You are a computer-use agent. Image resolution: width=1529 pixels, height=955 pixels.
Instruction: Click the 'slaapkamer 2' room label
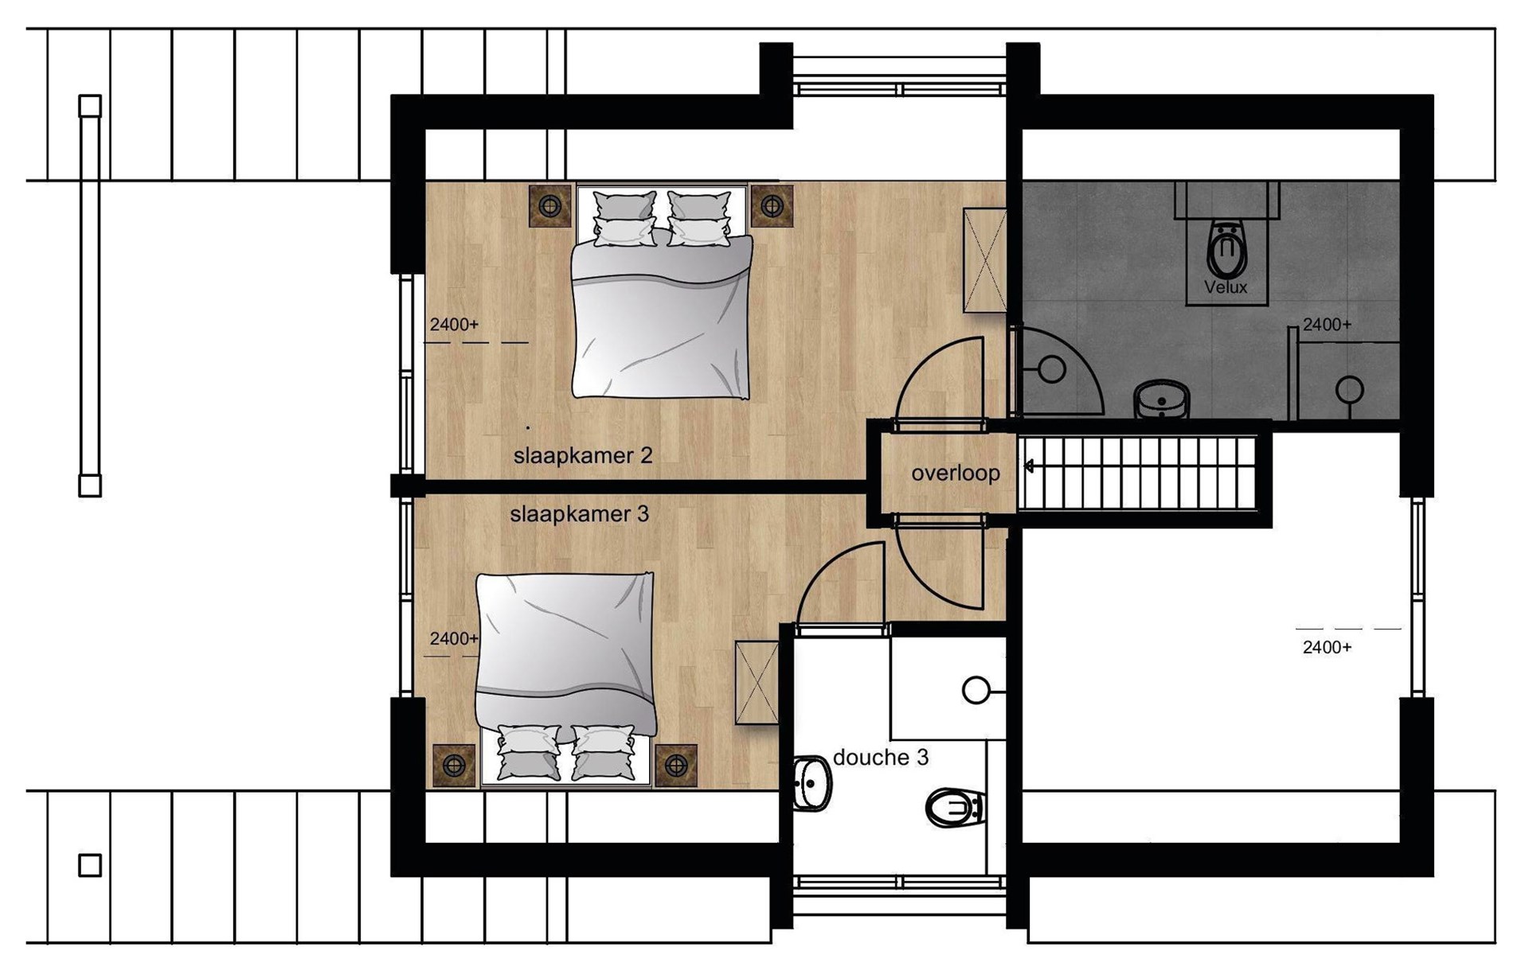(583, 456)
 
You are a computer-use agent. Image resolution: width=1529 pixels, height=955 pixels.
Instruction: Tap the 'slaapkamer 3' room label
(579, 514)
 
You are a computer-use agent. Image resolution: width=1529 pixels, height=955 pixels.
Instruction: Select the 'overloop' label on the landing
(956, 474)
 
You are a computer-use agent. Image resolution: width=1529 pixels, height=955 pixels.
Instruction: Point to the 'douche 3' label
(881, 757)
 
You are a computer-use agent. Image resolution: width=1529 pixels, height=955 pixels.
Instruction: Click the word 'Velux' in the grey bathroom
(1226, 287)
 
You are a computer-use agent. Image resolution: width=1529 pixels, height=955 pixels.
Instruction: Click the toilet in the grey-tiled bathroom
(1226, 249)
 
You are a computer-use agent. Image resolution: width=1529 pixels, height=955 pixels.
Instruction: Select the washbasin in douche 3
(812, 784)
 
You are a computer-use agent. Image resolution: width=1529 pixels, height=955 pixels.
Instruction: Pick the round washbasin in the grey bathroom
(1162, 399)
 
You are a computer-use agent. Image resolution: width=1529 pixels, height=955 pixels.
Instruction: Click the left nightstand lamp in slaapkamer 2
(550, 206)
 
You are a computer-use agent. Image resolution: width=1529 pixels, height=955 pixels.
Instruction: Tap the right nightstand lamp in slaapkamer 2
(772, 206)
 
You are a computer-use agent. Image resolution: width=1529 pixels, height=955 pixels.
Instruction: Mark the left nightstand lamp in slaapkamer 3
(454, 766)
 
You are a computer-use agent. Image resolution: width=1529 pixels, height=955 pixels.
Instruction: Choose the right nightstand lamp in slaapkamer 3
(676, 766)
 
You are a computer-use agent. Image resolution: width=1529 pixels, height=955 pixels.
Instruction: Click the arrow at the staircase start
(1029, 466)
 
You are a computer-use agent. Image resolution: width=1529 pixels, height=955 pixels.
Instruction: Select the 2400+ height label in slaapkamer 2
(454, 325)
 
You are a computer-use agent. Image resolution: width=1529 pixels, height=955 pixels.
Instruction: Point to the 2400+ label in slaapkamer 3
(454, 639)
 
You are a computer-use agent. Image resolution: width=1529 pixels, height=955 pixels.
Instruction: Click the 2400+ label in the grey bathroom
(1327, 325)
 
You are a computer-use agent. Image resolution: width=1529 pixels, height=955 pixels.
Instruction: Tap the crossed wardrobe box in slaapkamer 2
(985, 260)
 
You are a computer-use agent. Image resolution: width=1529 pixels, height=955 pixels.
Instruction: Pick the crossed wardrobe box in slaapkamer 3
(757, 683)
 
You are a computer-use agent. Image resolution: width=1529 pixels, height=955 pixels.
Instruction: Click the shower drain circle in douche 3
(976, 691)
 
